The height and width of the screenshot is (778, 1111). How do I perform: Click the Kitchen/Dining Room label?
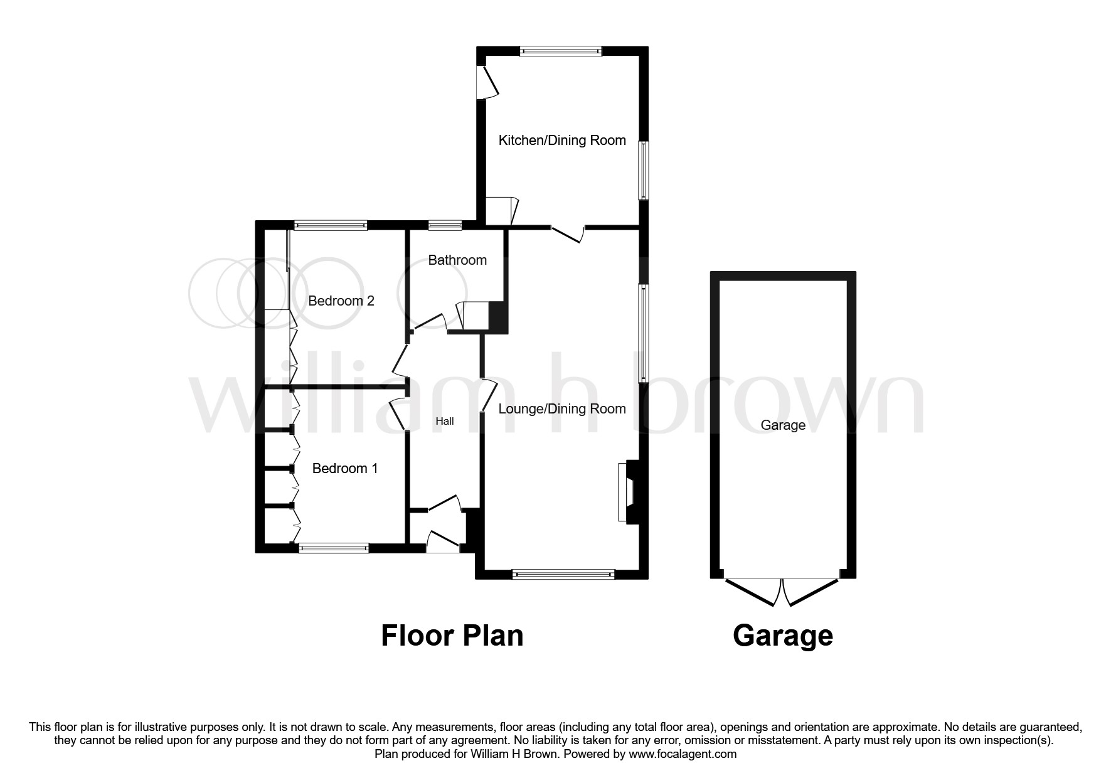point(562,140)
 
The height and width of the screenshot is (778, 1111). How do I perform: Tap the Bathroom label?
point(457,260)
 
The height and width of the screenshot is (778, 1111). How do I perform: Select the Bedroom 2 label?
point(341,301)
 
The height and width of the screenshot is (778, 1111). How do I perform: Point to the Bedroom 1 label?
point(345,468)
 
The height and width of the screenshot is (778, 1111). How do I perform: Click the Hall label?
point(445,421)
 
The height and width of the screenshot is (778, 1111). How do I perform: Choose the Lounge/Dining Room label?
point(562,409)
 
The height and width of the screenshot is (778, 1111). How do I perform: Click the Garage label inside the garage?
point(783,425)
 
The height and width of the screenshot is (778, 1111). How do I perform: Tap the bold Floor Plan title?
point(452,636)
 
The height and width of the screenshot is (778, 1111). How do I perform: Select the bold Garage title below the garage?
point(783,636)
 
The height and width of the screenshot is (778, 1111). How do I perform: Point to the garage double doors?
point(782,591)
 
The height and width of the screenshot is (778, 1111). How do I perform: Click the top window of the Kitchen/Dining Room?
point(561,51)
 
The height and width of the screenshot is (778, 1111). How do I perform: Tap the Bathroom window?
point(445,224)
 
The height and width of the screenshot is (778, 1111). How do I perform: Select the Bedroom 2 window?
point(331,224)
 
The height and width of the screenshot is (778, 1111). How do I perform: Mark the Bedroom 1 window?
point(334,548)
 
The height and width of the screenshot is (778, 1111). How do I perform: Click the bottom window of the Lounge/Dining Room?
point(563,573)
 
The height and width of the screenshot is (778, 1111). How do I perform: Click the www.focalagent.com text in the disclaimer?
point(683,754)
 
